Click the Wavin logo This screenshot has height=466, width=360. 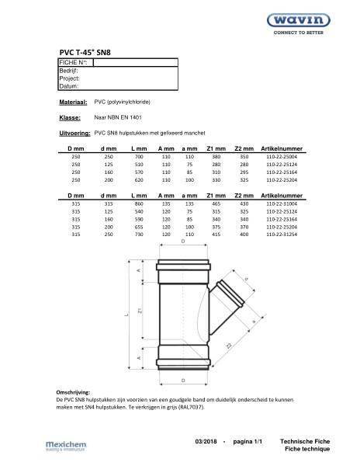pyautogui.click(x=315, y=22)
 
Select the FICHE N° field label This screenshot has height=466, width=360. pyautogui.click(x=74, y=62)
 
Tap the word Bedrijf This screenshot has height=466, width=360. pyautogui.click(x=68, y=71)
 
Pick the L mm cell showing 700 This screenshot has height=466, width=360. pyautogui.click(x=139, y=156)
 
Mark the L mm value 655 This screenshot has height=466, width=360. pyautogui.click(x=139, y=226)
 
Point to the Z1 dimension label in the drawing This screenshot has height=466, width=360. pyautogui.click(x=140, y=311)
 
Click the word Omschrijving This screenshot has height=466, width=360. pyautogui.click(x=74, y=394)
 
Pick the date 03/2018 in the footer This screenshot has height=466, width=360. pyautogui.click(x=208, y=440)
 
